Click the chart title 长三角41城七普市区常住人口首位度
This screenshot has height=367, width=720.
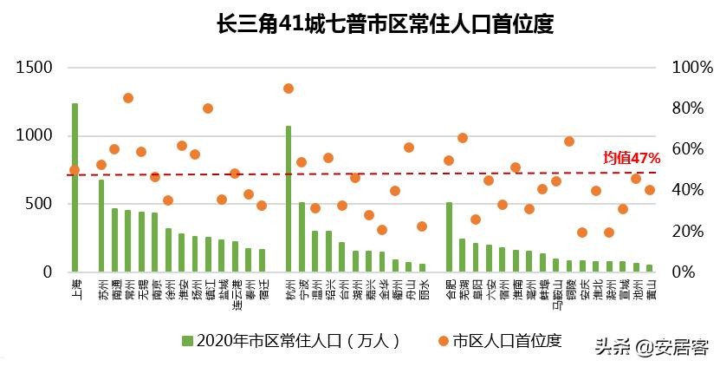(385, 23)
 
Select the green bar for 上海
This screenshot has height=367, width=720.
(75, 187)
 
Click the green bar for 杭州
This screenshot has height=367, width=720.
(289, 199)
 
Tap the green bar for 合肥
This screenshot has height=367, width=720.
(449, 237)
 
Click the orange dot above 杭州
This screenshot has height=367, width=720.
(289, 88)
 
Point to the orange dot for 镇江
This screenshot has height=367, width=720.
(208, 108)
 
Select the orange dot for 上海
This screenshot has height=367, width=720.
(75, 170)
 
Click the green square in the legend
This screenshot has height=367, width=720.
(186, 341)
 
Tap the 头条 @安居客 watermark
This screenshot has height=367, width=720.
(651, 347)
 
